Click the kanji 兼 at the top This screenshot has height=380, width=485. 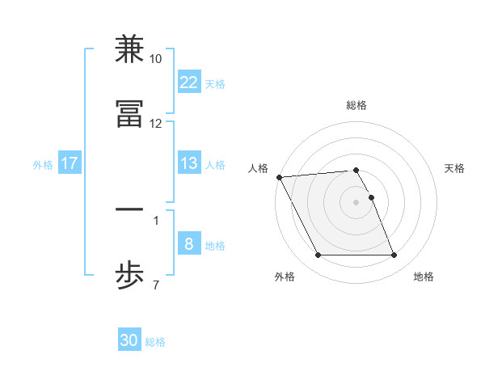pyautogui.click(x=130, y=49)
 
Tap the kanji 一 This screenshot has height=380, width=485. pyautogui.click(x=130, y=209)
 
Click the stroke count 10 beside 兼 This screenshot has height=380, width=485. pyautogui.click(x=156, y=59)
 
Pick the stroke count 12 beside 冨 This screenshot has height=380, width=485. pyautogui.click(x=156, y=123)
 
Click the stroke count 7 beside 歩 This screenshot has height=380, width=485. pyautogui.click(x=156, y=285)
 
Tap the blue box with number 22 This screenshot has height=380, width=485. pyautogui.click(x=188, y=82)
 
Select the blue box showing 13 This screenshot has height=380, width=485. pyautogui.click(x=188, y=163)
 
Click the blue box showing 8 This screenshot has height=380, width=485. pyautogui.click(x=188, y=244)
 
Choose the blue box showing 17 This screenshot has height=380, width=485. pyautogui.click(x=69, y=163)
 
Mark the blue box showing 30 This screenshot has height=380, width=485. pyautogui.click(x=129, y=340)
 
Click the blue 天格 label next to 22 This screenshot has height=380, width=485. pyautogui.click(x=214, y=83)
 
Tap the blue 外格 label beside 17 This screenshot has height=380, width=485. pyautogui.click(x=43, y=165)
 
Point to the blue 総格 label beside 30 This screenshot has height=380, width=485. pyautogui.click(x=155, y=342)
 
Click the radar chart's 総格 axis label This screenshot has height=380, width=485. pyautogui.click(x=356, y=105)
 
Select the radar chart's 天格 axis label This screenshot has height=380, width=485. pyautogui.click(x=455, y=168)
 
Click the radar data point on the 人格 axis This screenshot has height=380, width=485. pyautogui.click(x=279, y=177)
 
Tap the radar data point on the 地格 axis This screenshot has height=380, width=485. pyautogui.click(x=394, y=255)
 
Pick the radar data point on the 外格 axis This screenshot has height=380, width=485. pyautogui.click(x=318, y=255)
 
